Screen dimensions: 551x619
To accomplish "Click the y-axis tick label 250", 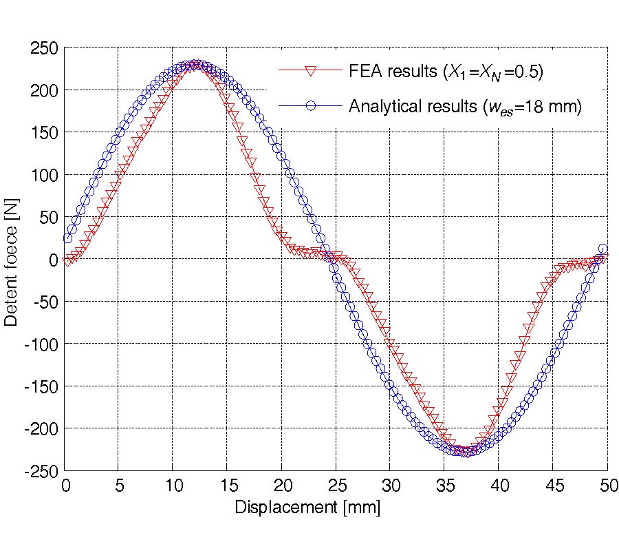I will coord(44,48).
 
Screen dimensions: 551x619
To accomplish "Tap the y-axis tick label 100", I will coord(44,175).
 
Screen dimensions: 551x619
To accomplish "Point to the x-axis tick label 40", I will coord(498,486).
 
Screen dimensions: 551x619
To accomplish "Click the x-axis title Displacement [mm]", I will coord(307,508).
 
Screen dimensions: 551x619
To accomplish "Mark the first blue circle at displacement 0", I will coord(67,238).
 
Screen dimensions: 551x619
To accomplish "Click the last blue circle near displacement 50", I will coord(603,249).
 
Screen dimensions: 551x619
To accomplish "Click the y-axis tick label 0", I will coord(52,260).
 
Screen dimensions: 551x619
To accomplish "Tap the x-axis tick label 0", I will coord(65,486).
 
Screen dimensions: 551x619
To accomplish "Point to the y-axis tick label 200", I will coord(44,90).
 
